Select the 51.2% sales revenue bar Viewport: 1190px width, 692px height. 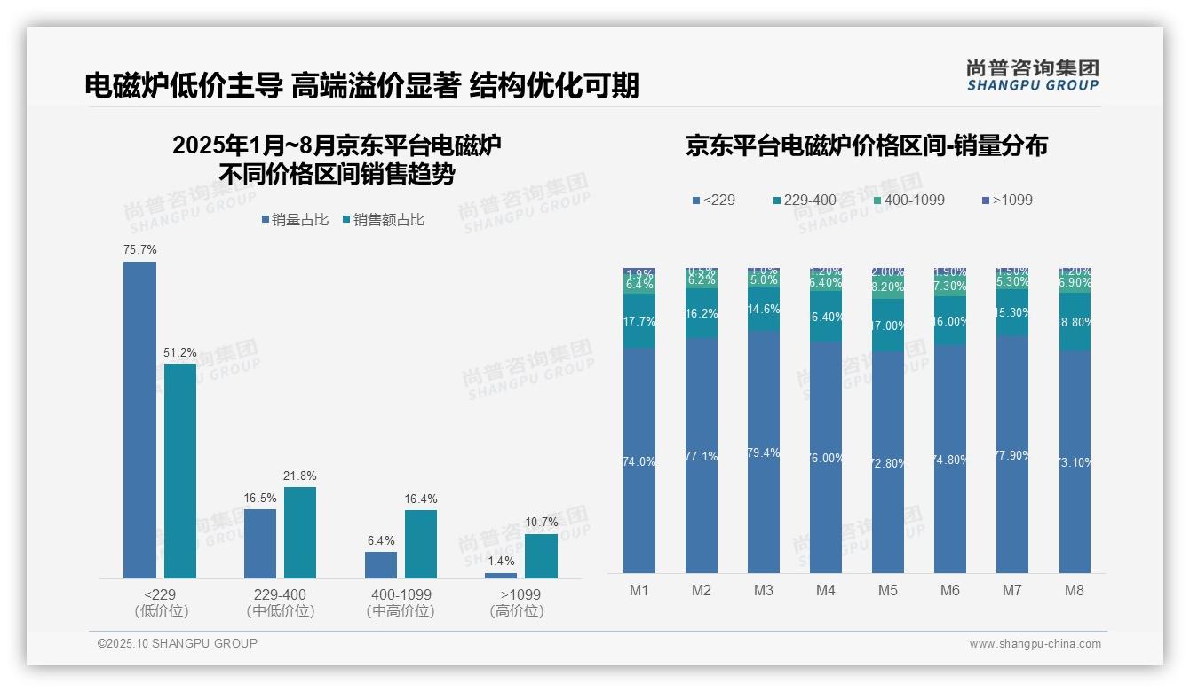[179, 470]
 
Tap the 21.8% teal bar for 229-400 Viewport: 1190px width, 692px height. [299, 532]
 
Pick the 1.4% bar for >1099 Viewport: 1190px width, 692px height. [501, 576]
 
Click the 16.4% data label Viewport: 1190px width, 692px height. [420, 499]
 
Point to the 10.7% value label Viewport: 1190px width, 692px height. [541, 523]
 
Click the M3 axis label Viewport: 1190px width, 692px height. [764, 590]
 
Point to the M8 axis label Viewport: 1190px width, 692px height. [1075, 590]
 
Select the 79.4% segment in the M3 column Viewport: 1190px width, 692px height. [764, 452]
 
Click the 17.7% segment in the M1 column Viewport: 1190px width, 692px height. [639, 321]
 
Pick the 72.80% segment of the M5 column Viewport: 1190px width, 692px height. [888, 462]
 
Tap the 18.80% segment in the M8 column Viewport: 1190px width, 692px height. [1075, 321]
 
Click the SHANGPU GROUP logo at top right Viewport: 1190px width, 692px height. [1032, 75]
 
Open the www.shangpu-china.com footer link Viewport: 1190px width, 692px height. [1035, 644]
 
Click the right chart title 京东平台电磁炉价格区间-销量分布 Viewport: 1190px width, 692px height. [866, 145]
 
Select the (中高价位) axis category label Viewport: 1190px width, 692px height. [401, 611]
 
